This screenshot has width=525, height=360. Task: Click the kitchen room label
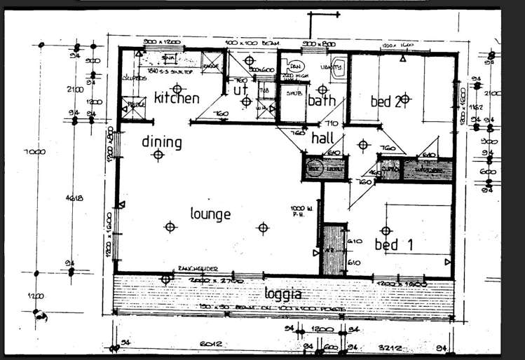tap(177, 98)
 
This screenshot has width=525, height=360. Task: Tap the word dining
tap(162, 142)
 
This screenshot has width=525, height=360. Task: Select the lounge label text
tap(210, 213)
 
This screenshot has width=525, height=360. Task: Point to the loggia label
tap(284, 293)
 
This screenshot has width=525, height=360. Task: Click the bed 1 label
tap(397, 244)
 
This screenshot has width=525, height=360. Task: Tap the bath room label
tap(322, 100)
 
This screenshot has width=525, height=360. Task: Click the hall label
tap(322, 138)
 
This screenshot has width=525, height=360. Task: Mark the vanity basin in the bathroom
tap(338, 68)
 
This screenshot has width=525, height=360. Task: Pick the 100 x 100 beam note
tap(242, 44)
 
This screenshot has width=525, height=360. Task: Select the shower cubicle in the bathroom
tap(292, 98)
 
